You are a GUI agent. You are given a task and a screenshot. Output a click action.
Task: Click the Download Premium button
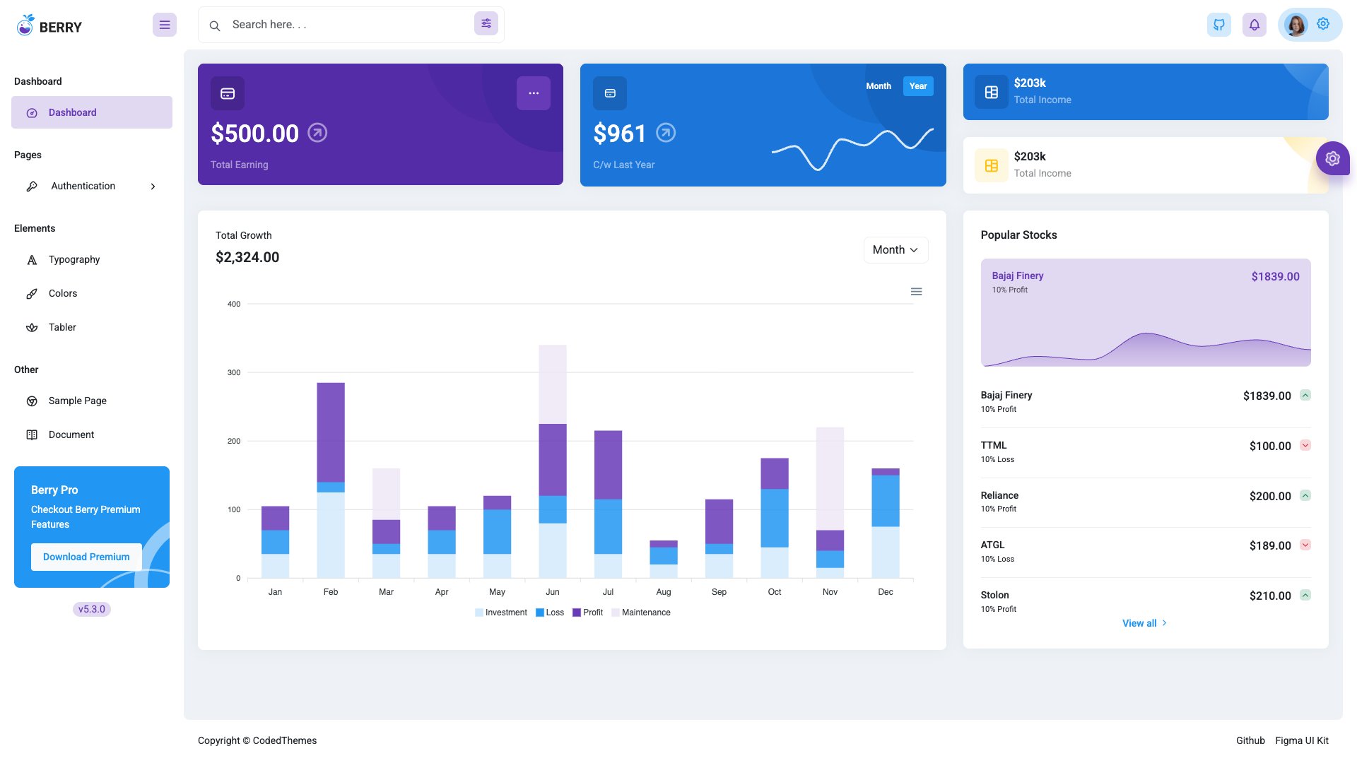coord(86,557)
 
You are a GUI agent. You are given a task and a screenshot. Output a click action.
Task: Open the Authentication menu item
coord(83,186)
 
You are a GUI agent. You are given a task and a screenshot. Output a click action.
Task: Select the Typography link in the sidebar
coord(74,259)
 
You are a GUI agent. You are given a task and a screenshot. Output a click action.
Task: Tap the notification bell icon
coord(1254,25)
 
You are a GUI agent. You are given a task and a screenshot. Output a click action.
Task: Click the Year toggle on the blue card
coord(917,86)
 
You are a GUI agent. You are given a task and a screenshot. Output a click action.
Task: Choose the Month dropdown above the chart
coord(895,250)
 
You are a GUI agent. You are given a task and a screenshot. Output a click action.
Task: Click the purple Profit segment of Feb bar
coord(330,432)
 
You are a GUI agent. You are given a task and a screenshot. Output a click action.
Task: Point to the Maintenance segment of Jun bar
coord(552,384)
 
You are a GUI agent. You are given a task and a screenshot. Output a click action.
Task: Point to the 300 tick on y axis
coord(233,372)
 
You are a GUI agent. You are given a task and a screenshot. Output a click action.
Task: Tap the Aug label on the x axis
coord(663,592)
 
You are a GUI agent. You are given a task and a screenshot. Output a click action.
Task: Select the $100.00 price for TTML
coord(1269,446)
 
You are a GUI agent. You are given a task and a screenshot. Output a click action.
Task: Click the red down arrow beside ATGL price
coord(1305,545)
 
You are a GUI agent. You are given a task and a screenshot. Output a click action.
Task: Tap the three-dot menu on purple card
coord(533,93)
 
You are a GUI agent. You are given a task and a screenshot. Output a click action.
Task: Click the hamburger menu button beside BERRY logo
coord(165,25)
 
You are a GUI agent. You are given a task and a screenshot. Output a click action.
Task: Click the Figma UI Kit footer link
coord(1301,740)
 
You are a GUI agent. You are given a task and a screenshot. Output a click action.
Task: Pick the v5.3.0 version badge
coord(92,609)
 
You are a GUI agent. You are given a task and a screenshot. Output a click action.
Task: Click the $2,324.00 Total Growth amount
coord(247,257)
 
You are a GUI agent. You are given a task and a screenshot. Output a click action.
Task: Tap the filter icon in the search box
coord(486,24)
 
